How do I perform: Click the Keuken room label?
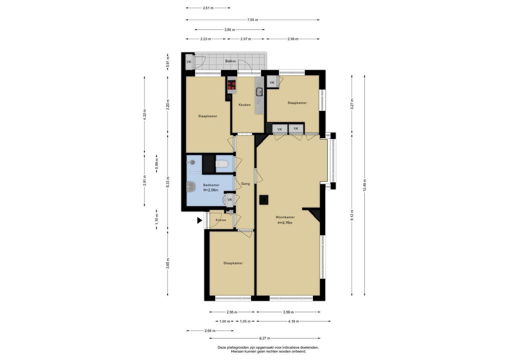click(245, 105)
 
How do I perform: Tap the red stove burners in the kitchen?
click(232, 86)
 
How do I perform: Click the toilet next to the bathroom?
click(222, 163)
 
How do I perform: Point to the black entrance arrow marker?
click(200, 220)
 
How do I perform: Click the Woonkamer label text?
click(285, 217)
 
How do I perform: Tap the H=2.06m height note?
click(211, 190)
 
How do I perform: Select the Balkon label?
click(231, 61)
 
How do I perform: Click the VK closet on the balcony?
click(189, 62)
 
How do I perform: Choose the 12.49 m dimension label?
click(364, 185)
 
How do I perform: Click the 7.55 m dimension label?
click(252, 20)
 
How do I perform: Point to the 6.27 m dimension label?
click(265, 338)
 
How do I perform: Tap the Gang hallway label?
click(245, 184)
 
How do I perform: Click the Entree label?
click(221, 220)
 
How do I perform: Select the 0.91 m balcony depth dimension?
click(168, 62)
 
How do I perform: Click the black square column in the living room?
click(264, 200)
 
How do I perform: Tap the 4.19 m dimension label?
click(293, 321)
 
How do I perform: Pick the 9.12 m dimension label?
click(352, 215)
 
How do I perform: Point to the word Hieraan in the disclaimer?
click(237, 351)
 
